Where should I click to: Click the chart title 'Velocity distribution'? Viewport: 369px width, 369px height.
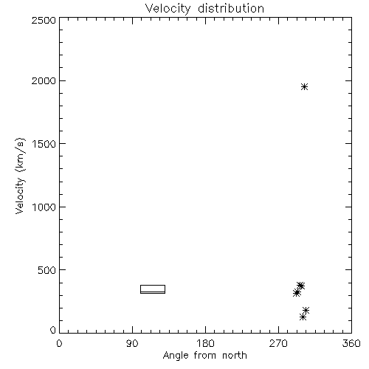[x=204, y=9]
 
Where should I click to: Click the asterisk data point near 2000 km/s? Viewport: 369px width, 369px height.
[x=305, y=87]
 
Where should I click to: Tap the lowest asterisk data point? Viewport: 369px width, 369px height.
[x=303, y=317]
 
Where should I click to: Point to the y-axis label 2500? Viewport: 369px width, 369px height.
[x=44, y=20]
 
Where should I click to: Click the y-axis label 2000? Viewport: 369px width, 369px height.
[x=44, y=80]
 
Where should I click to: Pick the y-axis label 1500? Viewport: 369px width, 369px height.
[x=44, y=144]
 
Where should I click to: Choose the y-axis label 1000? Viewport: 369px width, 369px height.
[x=44, y=207]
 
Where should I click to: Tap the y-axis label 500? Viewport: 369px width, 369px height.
[x=47, y=270]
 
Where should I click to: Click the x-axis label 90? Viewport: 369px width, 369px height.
[x=132, y=343]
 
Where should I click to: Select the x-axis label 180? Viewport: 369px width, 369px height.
[x=205, y=343]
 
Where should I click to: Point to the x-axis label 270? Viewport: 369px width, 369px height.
[x=278, y=343]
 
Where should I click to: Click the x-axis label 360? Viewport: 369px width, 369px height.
[x=351, y=343]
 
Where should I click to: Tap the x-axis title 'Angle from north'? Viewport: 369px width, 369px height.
[x=205, y=356]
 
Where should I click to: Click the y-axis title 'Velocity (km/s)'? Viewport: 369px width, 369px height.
[x=20, y=176]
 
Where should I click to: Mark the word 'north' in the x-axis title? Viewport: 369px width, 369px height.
[x=235, y=356]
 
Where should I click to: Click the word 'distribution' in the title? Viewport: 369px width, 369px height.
[x=231, y=9]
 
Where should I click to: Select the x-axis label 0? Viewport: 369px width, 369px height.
[x=59, y=343]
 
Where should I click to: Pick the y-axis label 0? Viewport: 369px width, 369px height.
[x=53, y=330]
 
